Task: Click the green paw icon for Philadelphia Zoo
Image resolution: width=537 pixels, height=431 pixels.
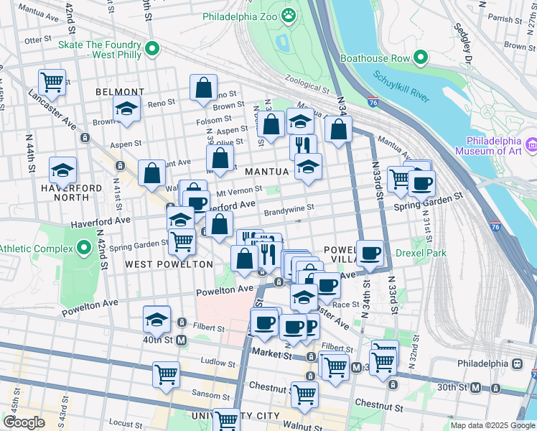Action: point(288,15)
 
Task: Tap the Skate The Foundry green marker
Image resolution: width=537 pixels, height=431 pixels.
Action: point(151,49)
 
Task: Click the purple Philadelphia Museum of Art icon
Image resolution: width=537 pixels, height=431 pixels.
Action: point(531,145)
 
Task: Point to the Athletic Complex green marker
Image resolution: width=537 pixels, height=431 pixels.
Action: point(84,249)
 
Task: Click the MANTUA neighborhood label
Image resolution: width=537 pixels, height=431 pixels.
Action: point(266,172)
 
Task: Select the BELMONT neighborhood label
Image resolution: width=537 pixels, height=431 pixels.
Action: point(119,92)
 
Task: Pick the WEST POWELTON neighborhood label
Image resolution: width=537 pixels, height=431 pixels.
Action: point(169,264)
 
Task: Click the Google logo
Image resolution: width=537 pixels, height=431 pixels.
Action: point(24,422)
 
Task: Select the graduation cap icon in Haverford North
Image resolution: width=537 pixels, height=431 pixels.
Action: point(63,171)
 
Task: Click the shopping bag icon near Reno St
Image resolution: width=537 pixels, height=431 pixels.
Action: point(204,87)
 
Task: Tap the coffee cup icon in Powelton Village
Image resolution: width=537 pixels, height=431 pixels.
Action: point(370,253)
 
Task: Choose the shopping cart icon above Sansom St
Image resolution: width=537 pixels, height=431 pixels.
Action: point(166,374)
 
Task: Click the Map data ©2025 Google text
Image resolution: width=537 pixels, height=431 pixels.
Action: point(492,425)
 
